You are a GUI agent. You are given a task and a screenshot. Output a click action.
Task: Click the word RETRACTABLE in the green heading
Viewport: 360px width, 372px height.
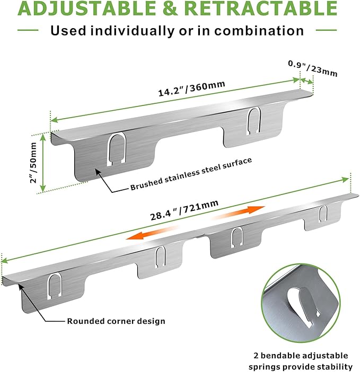coord(260,8)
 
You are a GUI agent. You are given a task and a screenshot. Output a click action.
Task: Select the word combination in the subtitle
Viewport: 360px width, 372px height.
coord(259,31)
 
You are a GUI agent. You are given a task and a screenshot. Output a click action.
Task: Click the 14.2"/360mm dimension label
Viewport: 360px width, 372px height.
coord(191,88)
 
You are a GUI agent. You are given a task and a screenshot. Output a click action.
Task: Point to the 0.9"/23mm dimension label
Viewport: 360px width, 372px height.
coord(312,68)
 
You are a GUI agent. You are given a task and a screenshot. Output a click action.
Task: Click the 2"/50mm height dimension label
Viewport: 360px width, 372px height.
coord(33,163)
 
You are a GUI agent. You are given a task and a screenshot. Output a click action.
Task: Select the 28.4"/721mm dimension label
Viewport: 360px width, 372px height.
coord(184,210)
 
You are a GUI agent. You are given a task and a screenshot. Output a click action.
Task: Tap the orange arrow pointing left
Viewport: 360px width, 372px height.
coord(152,233)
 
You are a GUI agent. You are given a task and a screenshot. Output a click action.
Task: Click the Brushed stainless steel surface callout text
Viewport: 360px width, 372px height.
coord(191,174)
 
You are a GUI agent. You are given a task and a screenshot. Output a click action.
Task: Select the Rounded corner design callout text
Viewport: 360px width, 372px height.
coord(116,321)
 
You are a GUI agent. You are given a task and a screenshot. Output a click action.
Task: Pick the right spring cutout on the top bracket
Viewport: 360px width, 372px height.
coord(254,121)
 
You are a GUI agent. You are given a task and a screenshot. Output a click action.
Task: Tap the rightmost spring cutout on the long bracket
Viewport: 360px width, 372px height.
coord(323,214)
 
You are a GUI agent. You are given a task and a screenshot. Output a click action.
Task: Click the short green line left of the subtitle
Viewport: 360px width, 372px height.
coord(28,30)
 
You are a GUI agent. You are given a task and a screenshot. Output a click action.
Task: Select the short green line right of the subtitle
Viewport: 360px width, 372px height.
coord(326,30)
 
